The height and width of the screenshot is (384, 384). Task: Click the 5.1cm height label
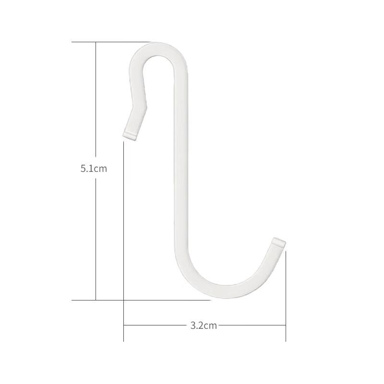click(94, 169)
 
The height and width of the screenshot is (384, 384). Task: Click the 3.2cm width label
click(204, 325)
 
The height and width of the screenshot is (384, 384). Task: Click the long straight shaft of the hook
click(181, 159)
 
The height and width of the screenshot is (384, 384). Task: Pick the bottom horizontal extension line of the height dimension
click(141, 300)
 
